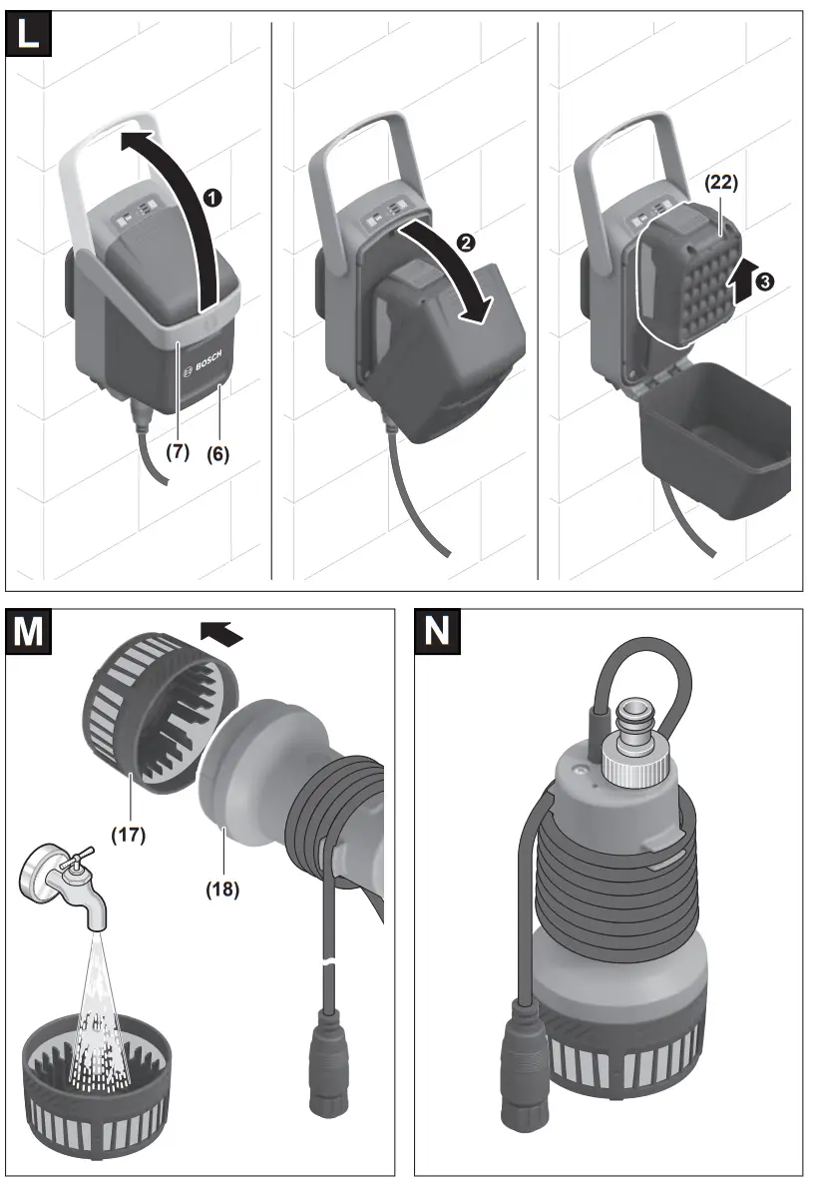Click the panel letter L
coord(31,34)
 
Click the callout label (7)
coord(177,451)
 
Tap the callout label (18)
coord(223,887)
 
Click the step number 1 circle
coord(210,197)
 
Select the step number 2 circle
coord(467,243)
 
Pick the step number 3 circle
coord(763,283)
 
